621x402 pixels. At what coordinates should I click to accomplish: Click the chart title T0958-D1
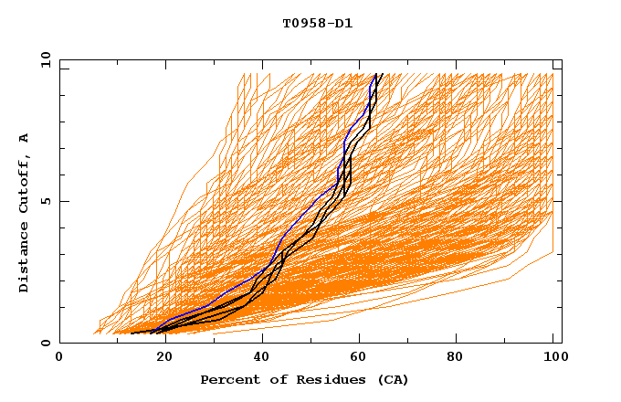click(317, 24)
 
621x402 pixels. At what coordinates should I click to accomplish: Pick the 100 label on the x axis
click(553, 359)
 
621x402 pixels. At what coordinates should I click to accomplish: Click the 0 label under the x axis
click(60, 359)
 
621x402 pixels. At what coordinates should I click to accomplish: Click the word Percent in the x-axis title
click(228, 379)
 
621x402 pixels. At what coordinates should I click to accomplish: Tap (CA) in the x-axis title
click(390, 379)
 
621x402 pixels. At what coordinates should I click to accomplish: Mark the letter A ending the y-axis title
click(24, 137)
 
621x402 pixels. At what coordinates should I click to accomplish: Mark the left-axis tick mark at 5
click(63, 201)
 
